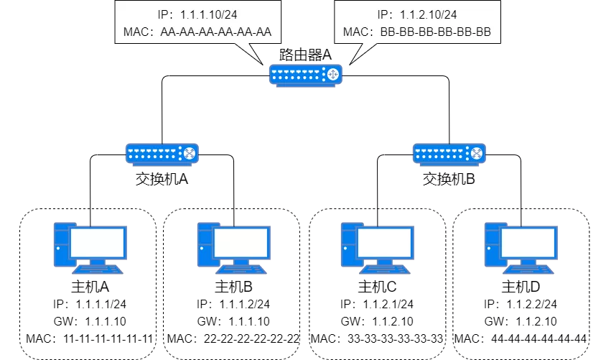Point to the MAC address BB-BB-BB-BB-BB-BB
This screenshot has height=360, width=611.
439,32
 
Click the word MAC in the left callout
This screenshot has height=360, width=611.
136,32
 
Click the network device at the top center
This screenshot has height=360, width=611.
305,74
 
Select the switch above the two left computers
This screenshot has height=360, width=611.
162,153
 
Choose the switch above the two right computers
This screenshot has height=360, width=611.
449,153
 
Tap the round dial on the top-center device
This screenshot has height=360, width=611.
332,74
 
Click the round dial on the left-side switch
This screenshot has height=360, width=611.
189,153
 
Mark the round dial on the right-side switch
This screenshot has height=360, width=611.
476,153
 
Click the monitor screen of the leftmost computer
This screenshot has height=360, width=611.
98,243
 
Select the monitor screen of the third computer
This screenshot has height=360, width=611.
385,243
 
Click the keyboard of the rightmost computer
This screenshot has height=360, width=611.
529,270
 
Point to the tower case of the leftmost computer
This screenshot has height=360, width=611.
62,244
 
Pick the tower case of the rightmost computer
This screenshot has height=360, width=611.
493,244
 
